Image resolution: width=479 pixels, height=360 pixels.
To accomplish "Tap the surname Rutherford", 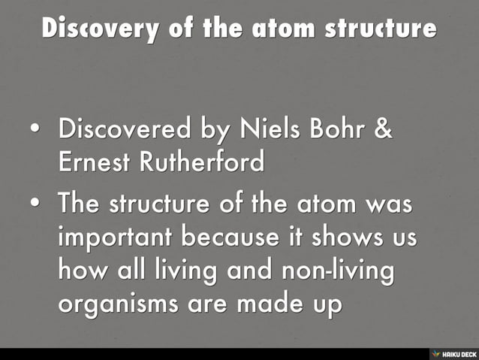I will pyautogui.click(x=199, y=162).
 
